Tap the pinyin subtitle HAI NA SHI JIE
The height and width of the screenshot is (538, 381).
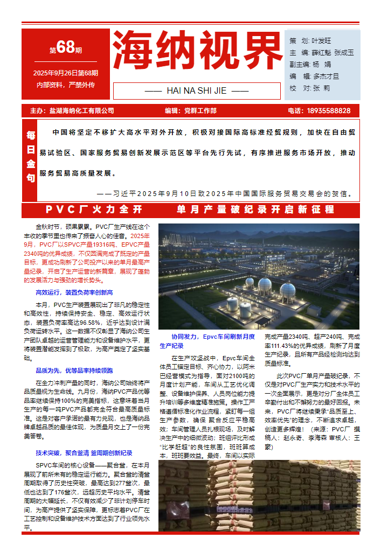click(x=197, y=90)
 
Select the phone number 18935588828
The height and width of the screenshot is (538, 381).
click(x=329, y=111)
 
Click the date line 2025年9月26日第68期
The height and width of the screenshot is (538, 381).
click(x=66, y=73)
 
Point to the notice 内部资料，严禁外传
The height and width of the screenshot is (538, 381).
click(x=66, y=85)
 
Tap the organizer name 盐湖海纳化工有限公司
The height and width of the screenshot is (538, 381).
click(x=81, y=111)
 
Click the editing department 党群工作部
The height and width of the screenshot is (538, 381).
click(x=200, y=111)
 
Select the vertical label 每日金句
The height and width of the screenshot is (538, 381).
click(x=31, y=156)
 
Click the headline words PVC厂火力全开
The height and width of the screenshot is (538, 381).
click(x=94, y=209)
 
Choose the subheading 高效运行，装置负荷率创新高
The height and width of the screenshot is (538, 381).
click(x=74, y=292)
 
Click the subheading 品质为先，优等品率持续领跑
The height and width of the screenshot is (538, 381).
click(x=74, y=371)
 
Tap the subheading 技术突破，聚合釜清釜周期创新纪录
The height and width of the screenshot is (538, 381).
click(x=84, y=453)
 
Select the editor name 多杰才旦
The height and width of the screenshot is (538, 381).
click(x=326, y=76)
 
